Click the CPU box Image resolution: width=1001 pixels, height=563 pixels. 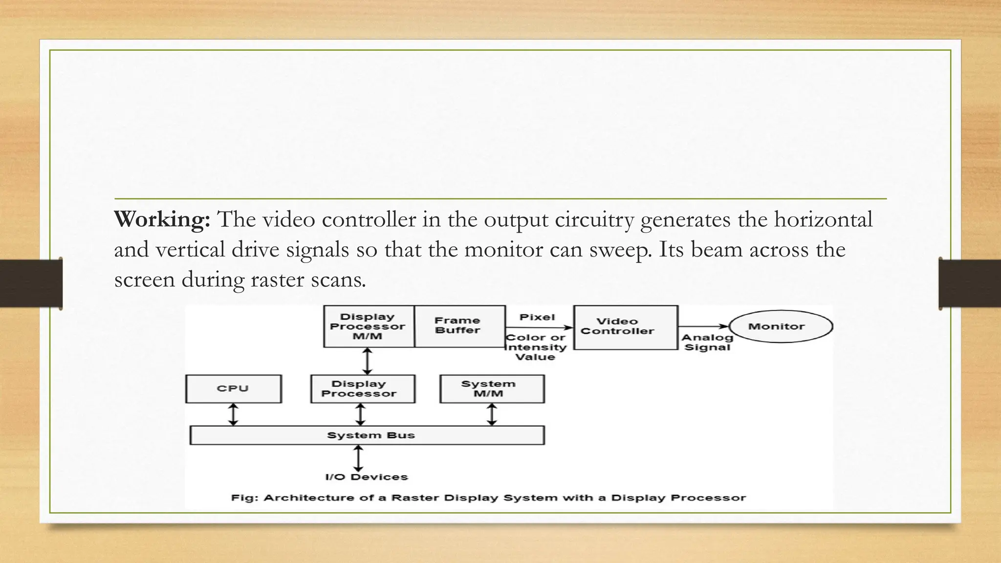233,389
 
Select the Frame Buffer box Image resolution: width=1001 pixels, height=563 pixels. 458,326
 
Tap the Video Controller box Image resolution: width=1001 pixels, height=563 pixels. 625,327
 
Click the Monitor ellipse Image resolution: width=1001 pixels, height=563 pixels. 781,326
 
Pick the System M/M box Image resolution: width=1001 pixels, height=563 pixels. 492,389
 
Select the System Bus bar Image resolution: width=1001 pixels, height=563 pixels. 367,435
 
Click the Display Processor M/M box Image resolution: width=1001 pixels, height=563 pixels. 368,326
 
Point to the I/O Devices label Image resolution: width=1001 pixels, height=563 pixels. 366,477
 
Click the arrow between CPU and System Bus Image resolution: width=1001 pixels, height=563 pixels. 233,414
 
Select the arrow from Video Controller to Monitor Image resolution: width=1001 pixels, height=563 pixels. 703,326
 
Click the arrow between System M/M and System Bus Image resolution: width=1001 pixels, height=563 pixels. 492,414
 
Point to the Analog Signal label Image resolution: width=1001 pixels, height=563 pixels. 707,342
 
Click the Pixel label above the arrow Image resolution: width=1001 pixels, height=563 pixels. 537,317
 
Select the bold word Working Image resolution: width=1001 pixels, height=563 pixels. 162,219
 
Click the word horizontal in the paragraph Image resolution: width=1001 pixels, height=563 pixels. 823,219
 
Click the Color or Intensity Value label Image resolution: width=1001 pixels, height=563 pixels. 535,347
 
